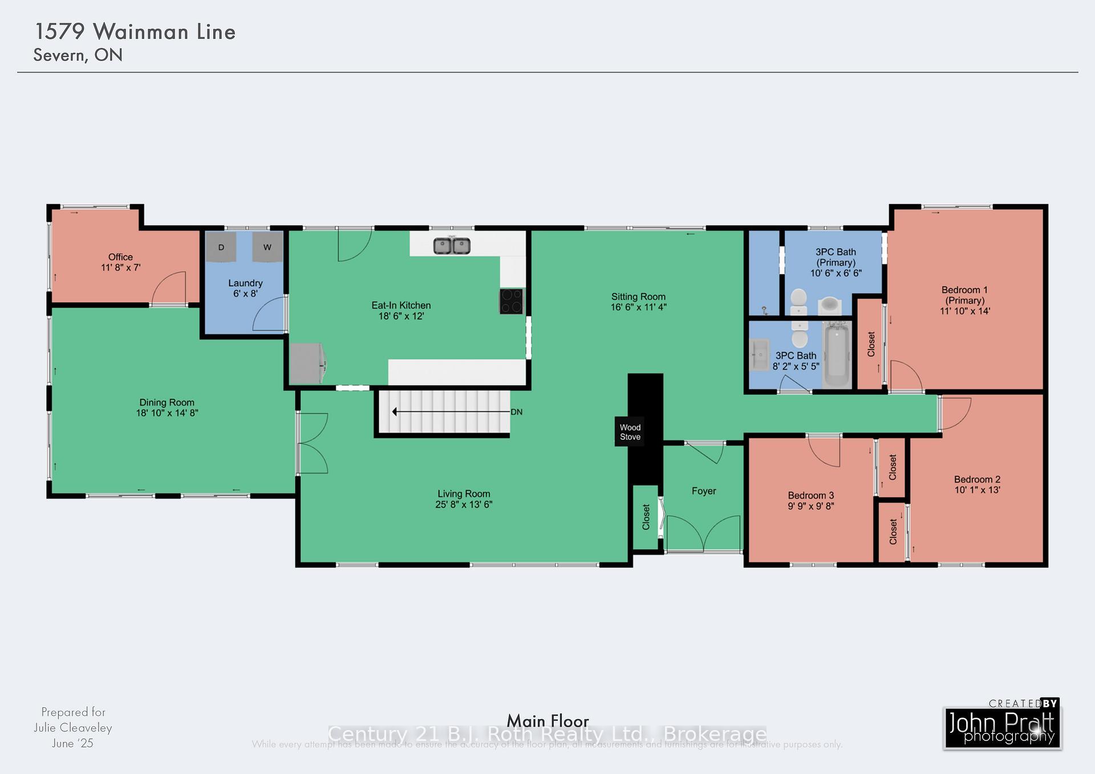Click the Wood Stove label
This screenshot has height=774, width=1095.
[630, 432]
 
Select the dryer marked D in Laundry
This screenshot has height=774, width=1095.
[221, 247]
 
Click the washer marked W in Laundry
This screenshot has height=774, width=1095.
[267, 247]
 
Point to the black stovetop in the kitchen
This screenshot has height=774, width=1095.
[511, 301]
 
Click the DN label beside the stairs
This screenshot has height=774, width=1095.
[517, 412]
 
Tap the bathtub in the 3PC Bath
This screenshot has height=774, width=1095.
[836, 354]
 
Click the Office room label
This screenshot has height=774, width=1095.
[120, 257]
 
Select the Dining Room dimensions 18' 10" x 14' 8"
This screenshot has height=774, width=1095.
[167, 413]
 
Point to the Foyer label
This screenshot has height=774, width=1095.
[704, 491]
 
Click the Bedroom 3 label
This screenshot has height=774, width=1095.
[810, 496]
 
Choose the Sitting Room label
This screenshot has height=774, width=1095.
[638, 297]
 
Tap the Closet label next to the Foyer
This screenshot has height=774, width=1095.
[646, 517]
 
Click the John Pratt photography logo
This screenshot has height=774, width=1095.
[1002, 728]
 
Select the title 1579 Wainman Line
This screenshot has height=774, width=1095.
[135, 32]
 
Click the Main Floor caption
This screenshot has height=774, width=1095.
[547, 721]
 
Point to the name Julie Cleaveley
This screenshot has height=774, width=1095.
[72, 728]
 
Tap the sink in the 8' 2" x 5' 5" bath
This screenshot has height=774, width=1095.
[759, 355]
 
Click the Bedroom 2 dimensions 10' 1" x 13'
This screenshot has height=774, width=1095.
[977, 490]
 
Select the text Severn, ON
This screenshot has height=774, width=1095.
[78, 55]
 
